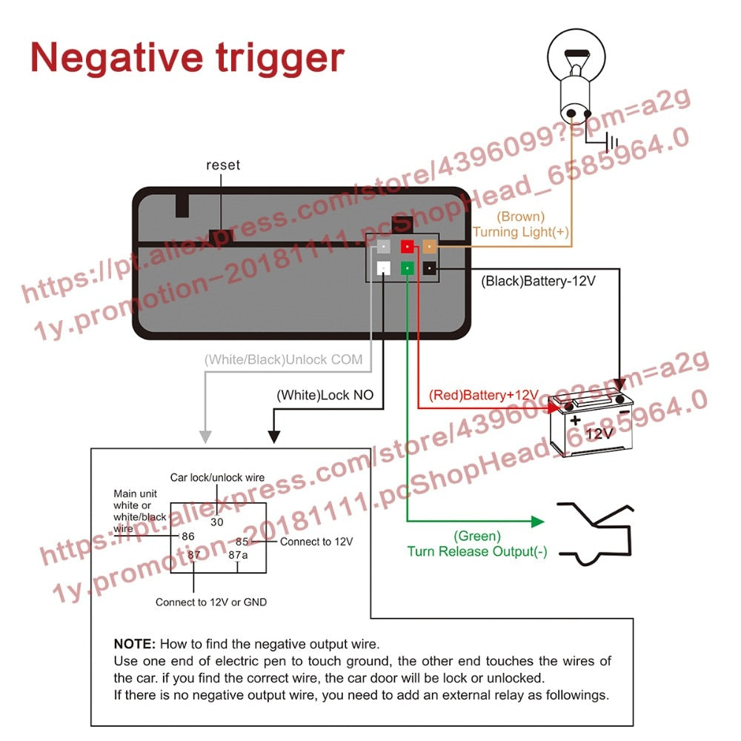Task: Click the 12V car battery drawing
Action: [x=591, y=422]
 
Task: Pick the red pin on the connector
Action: [x=407, y=246]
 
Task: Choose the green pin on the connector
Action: [x=407, y=268]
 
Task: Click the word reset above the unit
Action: [x=223, y=165]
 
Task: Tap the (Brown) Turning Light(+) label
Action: [x=521, y=225]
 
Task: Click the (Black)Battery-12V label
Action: [x=538, y=282]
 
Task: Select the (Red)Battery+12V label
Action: [x=478, y=395]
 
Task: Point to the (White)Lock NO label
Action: [x=325, y=395]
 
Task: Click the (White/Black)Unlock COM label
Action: [x=284, y=360]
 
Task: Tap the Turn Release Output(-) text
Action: [x=477, y=551]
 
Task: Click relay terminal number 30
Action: [x=216, y=522]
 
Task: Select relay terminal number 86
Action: [x=187, y=536]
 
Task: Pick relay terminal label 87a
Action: [x=238, y=554]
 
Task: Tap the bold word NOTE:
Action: [x=135, y=644]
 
